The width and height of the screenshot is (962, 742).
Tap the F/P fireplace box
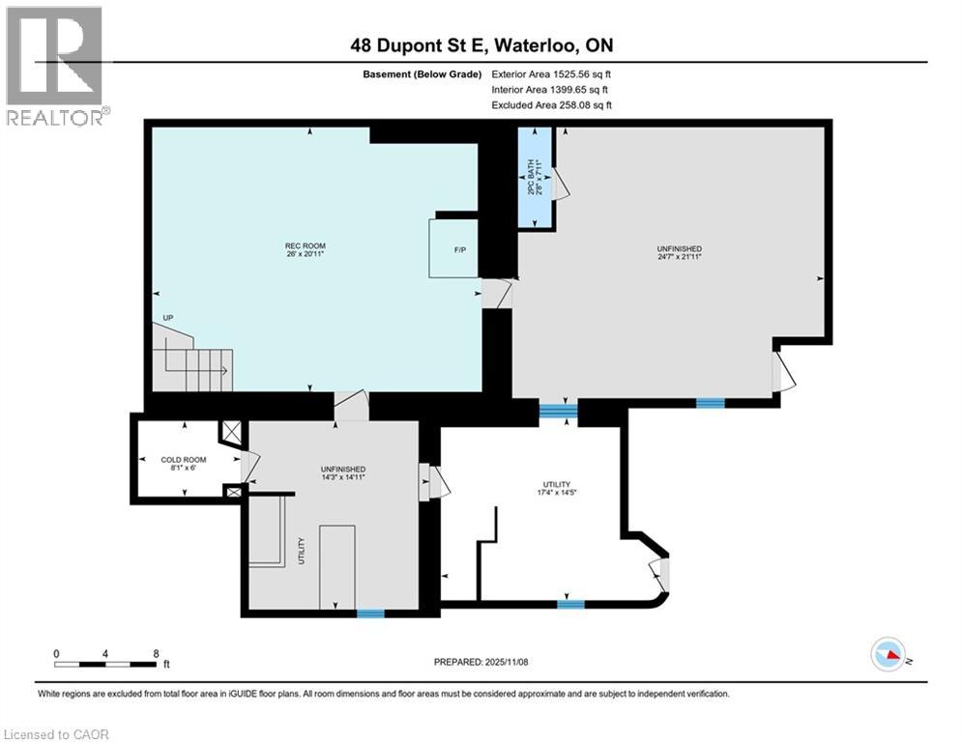[453, 249]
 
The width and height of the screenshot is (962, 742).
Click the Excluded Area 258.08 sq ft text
[552, 105]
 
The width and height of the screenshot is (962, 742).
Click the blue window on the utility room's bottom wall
[569, 605]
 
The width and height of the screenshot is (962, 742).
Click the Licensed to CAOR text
[55, 734]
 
